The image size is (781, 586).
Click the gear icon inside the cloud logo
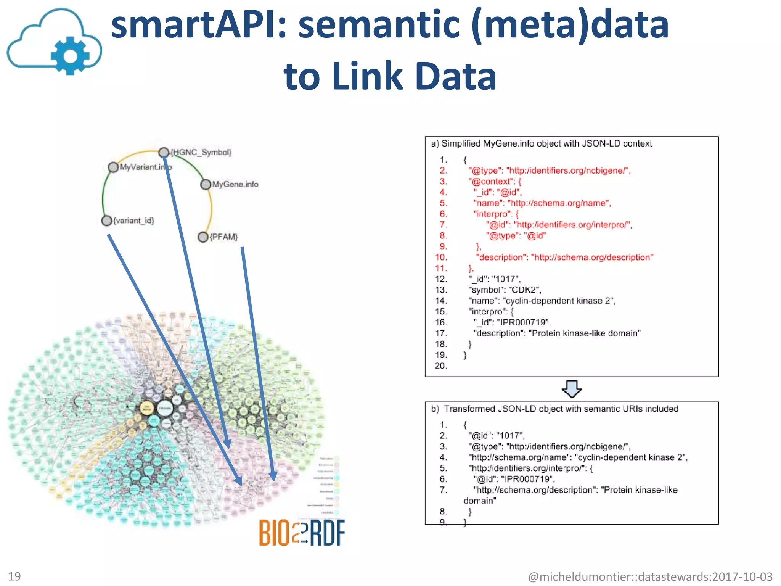point(70,55)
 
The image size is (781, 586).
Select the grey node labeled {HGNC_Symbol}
point(164,152)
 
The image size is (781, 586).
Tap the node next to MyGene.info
point(206,185)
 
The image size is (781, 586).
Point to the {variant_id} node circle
point(106,221)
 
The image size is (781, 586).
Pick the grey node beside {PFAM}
point(203,237)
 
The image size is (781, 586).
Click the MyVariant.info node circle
point(113,167)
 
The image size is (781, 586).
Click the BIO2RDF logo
point(302,533)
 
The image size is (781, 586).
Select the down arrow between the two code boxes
point(572,389)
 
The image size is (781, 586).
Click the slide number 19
point(14,576)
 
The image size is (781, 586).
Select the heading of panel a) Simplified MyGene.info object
point(541,143)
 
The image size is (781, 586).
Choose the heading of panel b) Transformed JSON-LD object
point(554,409)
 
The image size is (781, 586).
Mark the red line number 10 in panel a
point(441,257)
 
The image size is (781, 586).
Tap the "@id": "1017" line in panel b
point(497,436)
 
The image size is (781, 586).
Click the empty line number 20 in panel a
point(441,366)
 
